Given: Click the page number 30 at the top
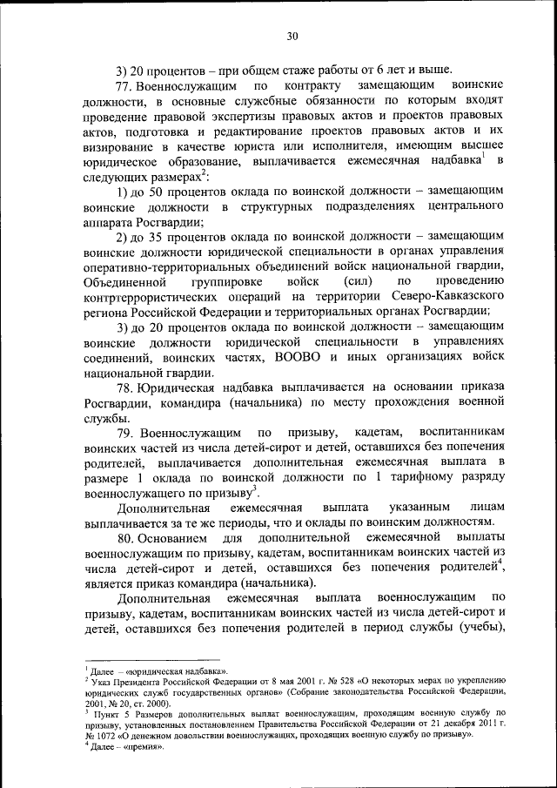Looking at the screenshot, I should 292,36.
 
